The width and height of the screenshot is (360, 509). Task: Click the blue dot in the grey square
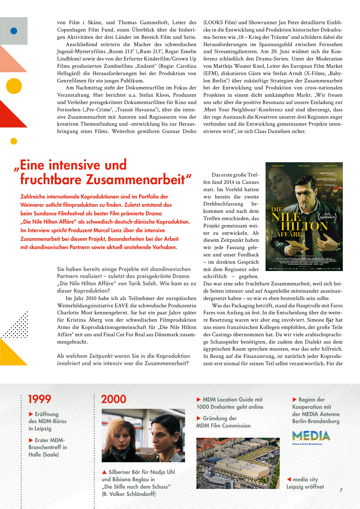[14, 31]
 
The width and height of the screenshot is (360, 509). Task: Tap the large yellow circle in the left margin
[14, 86]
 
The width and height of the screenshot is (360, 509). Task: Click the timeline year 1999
[39, 399]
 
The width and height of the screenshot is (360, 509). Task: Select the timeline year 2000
[114, 399]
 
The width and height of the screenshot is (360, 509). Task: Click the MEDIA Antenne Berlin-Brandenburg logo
[311, 437]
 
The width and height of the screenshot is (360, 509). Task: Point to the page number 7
[341, 490]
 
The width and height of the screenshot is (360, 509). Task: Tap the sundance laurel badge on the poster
[327, 217]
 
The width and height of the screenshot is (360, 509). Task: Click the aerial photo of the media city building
[238, 463]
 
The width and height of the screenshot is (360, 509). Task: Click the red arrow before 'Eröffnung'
[31, 414]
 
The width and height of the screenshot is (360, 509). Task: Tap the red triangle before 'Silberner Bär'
[104, 472]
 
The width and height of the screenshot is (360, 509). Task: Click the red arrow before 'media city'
[289, 479]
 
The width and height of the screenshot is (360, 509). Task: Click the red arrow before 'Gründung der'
[199, 418]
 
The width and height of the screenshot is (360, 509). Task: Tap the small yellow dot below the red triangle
[14, 141]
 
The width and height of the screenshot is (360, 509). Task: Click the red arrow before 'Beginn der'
[295, 400]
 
